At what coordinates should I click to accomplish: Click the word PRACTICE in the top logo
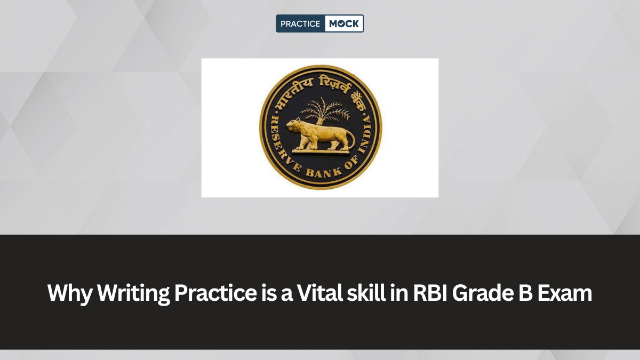click(x=300, y=23)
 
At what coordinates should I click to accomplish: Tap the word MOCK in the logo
click(x=344, y=23)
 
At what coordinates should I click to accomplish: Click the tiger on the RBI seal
click(x=321, y=135)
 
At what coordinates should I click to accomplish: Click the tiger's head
click(x=294, y=126)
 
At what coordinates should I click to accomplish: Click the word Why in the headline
click(x=70, y=293)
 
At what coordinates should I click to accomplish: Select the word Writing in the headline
click(x=134, y=293)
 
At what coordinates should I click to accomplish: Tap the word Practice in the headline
click(x=215, y=293)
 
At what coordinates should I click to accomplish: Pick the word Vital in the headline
click(x=320, y=293)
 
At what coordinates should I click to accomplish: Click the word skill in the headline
click(x=366, y=293)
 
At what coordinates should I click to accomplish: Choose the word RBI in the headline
click(x=430, y=293)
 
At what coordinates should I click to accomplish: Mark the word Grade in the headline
click(x=483, y=293)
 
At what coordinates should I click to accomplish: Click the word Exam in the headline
click(x=565, y=293)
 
